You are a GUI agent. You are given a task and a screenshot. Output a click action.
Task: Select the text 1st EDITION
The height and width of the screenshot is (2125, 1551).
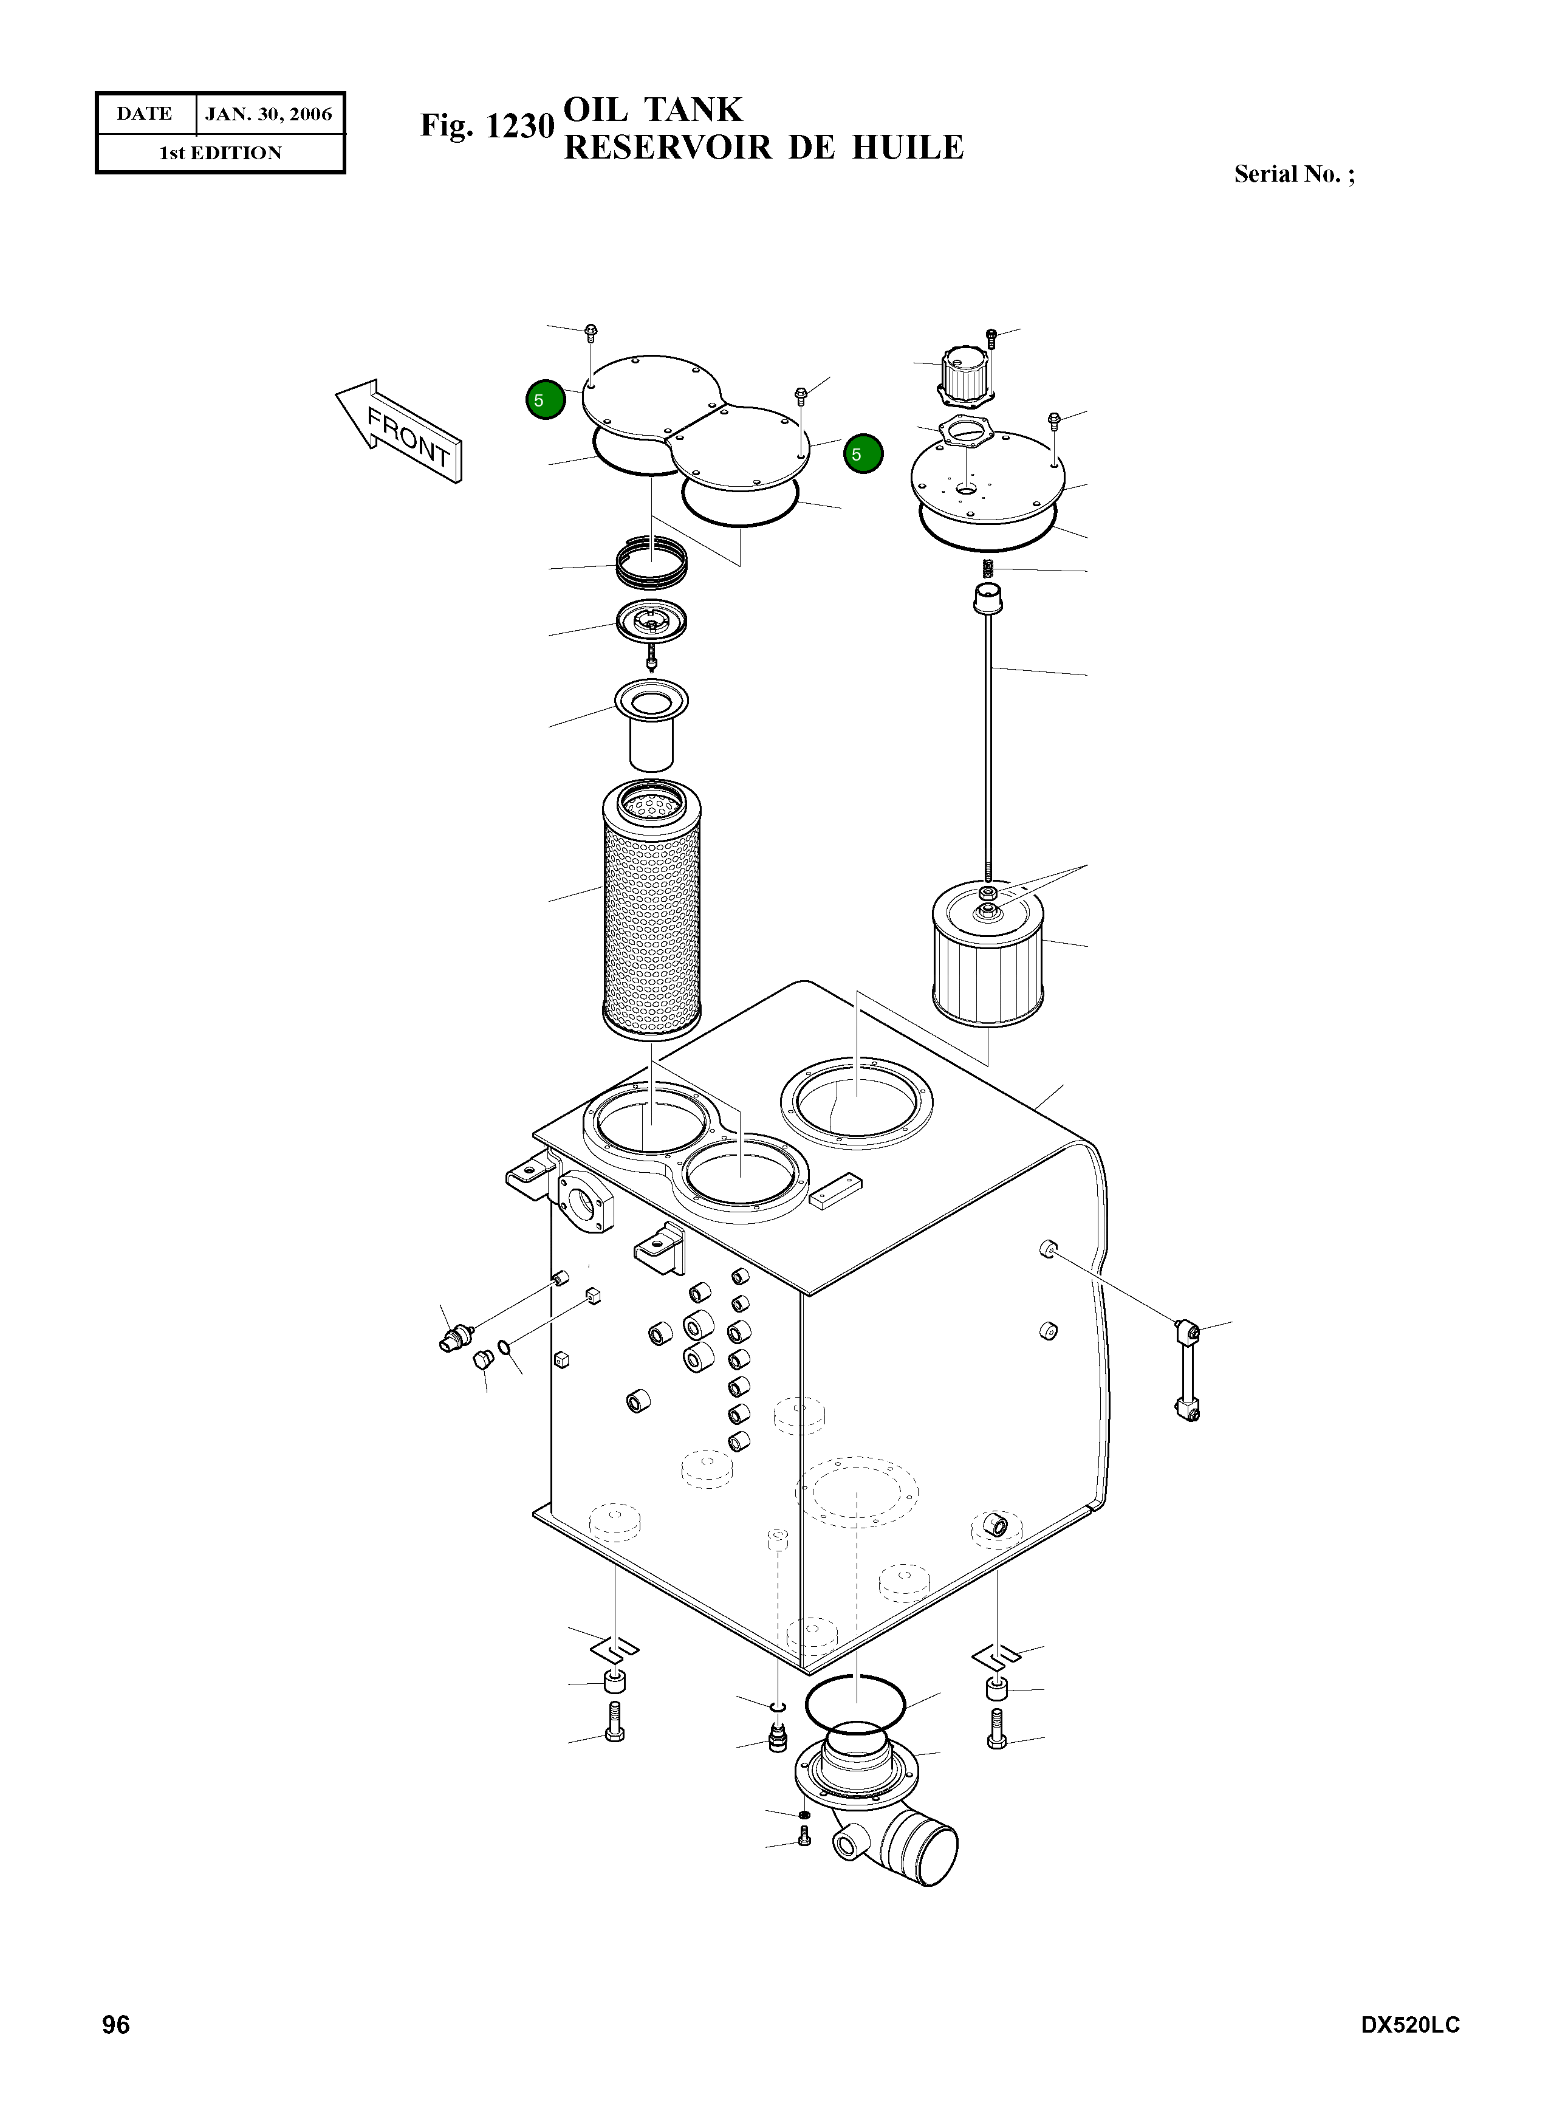point(221,153)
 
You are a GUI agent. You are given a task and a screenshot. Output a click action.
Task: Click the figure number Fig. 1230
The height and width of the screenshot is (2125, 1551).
point(487,126)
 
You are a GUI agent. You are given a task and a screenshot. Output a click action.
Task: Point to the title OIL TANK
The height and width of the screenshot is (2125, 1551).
point(652,110)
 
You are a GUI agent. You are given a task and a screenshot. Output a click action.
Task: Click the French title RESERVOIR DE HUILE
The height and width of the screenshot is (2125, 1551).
point(763,148)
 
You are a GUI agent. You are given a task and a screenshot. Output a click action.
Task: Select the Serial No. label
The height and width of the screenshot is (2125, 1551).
point(1294,174)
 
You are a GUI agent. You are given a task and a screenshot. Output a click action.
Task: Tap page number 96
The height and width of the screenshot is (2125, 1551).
point(117,2025)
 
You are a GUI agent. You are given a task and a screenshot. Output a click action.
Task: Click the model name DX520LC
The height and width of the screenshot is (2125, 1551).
point(1410,2025)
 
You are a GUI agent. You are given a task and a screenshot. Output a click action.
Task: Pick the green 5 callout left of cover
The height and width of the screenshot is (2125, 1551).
point(546,400)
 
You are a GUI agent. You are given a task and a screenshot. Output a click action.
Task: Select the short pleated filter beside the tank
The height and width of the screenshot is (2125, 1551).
point(988,957)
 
